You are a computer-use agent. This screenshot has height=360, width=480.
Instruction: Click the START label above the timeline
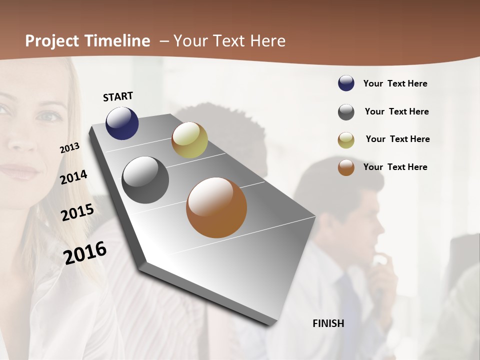tap(118, 96)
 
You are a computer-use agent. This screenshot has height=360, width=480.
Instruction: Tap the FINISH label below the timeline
tap(328, 323)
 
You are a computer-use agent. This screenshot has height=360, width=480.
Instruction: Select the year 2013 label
tap(69, 148)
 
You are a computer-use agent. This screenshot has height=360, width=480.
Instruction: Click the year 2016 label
tap(85, 252)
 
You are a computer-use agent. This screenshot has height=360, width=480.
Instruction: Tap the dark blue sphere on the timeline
tap(122, 123)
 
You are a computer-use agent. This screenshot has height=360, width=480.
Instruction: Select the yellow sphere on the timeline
tap(189, 140)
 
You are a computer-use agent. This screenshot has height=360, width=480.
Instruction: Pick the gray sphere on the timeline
tap(145, 180)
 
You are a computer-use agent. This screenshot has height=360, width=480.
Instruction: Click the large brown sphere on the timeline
tap(216, 207)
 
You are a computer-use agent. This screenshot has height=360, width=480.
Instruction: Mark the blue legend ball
tap(346, 83)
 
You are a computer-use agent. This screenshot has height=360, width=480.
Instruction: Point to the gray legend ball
tap(346, 112)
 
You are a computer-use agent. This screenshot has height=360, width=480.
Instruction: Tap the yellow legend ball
tap(346, 140)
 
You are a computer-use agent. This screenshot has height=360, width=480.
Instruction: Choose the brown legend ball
tap(346, 167)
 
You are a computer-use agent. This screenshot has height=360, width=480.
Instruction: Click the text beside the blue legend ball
tap(395, 83)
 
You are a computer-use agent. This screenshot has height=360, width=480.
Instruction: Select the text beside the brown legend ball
tap(395, 167)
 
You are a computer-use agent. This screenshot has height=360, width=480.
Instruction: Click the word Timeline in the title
tap(118, 41)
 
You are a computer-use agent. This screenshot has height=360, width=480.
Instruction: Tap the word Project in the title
tap(52, 41)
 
